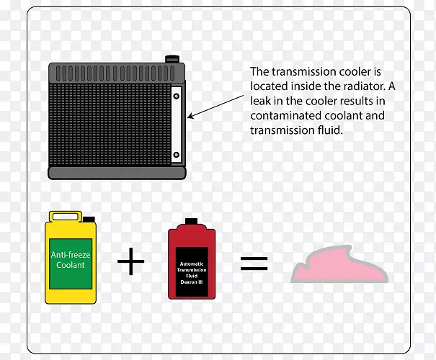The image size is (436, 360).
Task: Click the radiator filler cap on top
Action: pos(172,58)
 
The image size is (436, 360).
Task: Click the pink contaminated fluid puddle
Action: pos(339,267)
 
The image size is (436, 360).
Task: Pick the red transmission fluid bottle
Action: pos(192,262)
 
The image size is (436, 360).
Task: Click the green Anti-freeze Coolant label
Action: pos(68,261)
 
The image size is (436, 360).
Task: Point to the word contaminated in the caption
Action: pos(280,115)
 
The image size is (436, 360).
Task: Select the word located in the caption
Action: pos(268,86)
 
